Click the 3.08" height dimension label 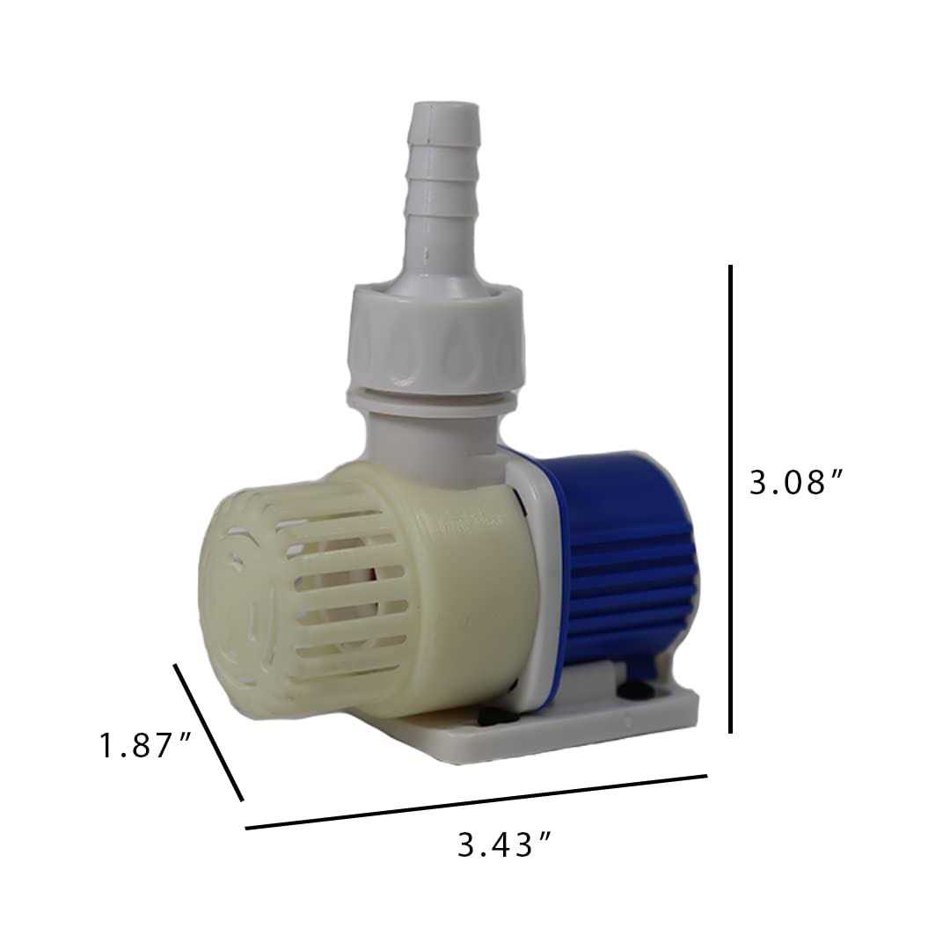point(796,482)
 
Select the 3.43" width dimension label point(505,846)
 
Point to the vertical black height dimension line point(731,498)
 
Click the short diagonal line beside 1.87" point(208,732)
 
